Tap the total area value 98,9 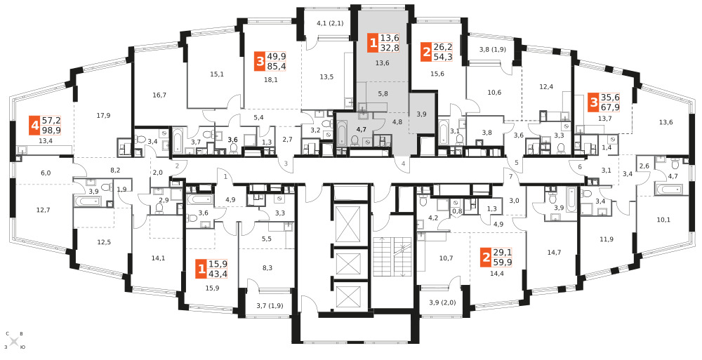click(51, 131)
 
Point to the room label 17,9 click(103, 116)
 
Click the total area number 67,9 click(609, 107)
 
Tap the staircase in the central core click(391, 257)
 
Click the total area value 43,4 click(218, 273)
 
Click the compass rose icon click(14, 341)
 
